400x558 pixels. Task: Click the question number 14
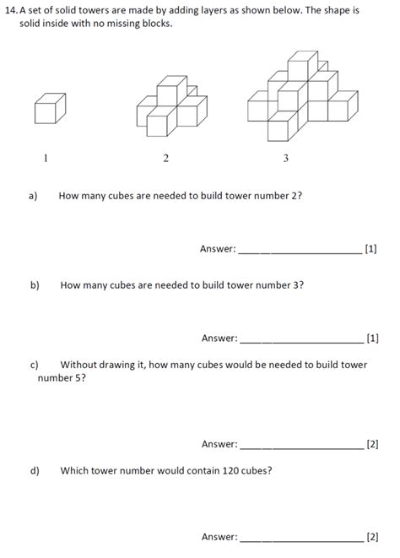pyautogui.click(x=11, y=10)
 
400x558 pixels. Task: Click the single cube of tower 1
pyautogui.click(x=50, y=108)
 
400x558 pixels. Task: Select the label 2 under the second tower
pyautogui.click(x=165, y=158)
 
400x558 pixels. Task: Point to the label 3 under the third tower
pyautogui.click(x=286, y=158)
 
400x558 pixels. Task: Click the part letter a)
pyautogui.click(x=34, y=196)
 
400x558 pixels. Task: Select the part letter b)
pyautogui.click(x=35, y=285)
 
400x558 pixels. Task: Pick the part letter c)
pyautogui.click(x=35, y=365)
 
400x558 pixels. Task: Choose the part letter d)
pyautogui.click(x=35, y=470)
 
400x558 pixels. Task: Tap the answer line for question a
pyautogui.click(x=300, y=252)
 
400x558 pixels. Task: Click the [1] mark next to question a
pyautogui.click(x=371, y=249)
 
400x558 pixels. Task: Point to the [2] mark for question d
pyautogui.click(x=372, y=536)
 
